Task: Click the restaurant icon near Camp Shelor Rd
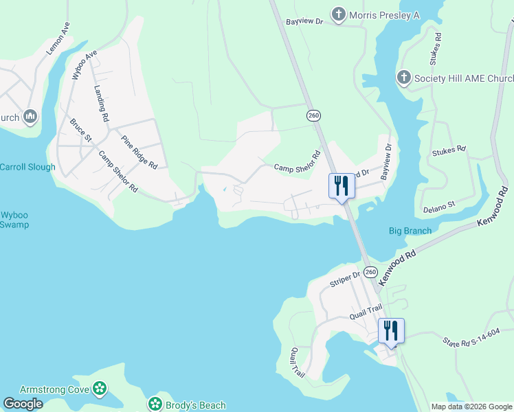(342, 186)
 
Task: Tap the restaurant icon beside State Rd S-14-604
(391, 331)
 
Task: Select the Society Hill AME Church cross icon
(404, 78)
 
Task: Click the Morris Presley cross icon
(338, 14)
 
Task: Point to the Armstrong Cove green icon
(100, 389)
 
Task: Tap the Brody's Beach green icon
(155, 404)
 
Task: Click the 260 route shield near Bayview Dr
(314, 116)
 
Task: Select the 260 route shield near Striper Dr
(371, 273)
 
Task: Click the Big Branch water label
(410, 231)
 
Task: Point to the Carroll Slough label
(27, 167)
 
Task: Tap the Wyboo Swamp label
(14, 219)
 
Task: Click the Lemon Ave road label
(59, 38)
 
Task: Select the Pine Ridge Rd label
(139, 152)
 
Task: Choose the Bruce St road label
(80, 130)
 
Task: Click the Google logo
(23, 404)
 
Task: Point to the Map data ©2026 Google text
(471, 407)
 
